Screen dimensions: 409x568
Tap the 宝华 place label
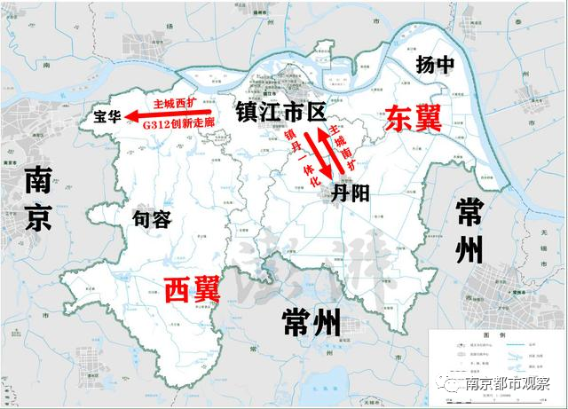click(106, 115)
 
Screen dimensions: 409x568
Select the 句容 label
click(151, 218)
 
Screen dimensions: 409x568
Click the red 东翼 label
click(413, 119)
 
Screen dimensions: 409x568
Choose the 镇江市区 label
click(280, 112)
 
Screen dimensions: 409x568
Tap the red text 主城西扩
click(174, 102)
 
